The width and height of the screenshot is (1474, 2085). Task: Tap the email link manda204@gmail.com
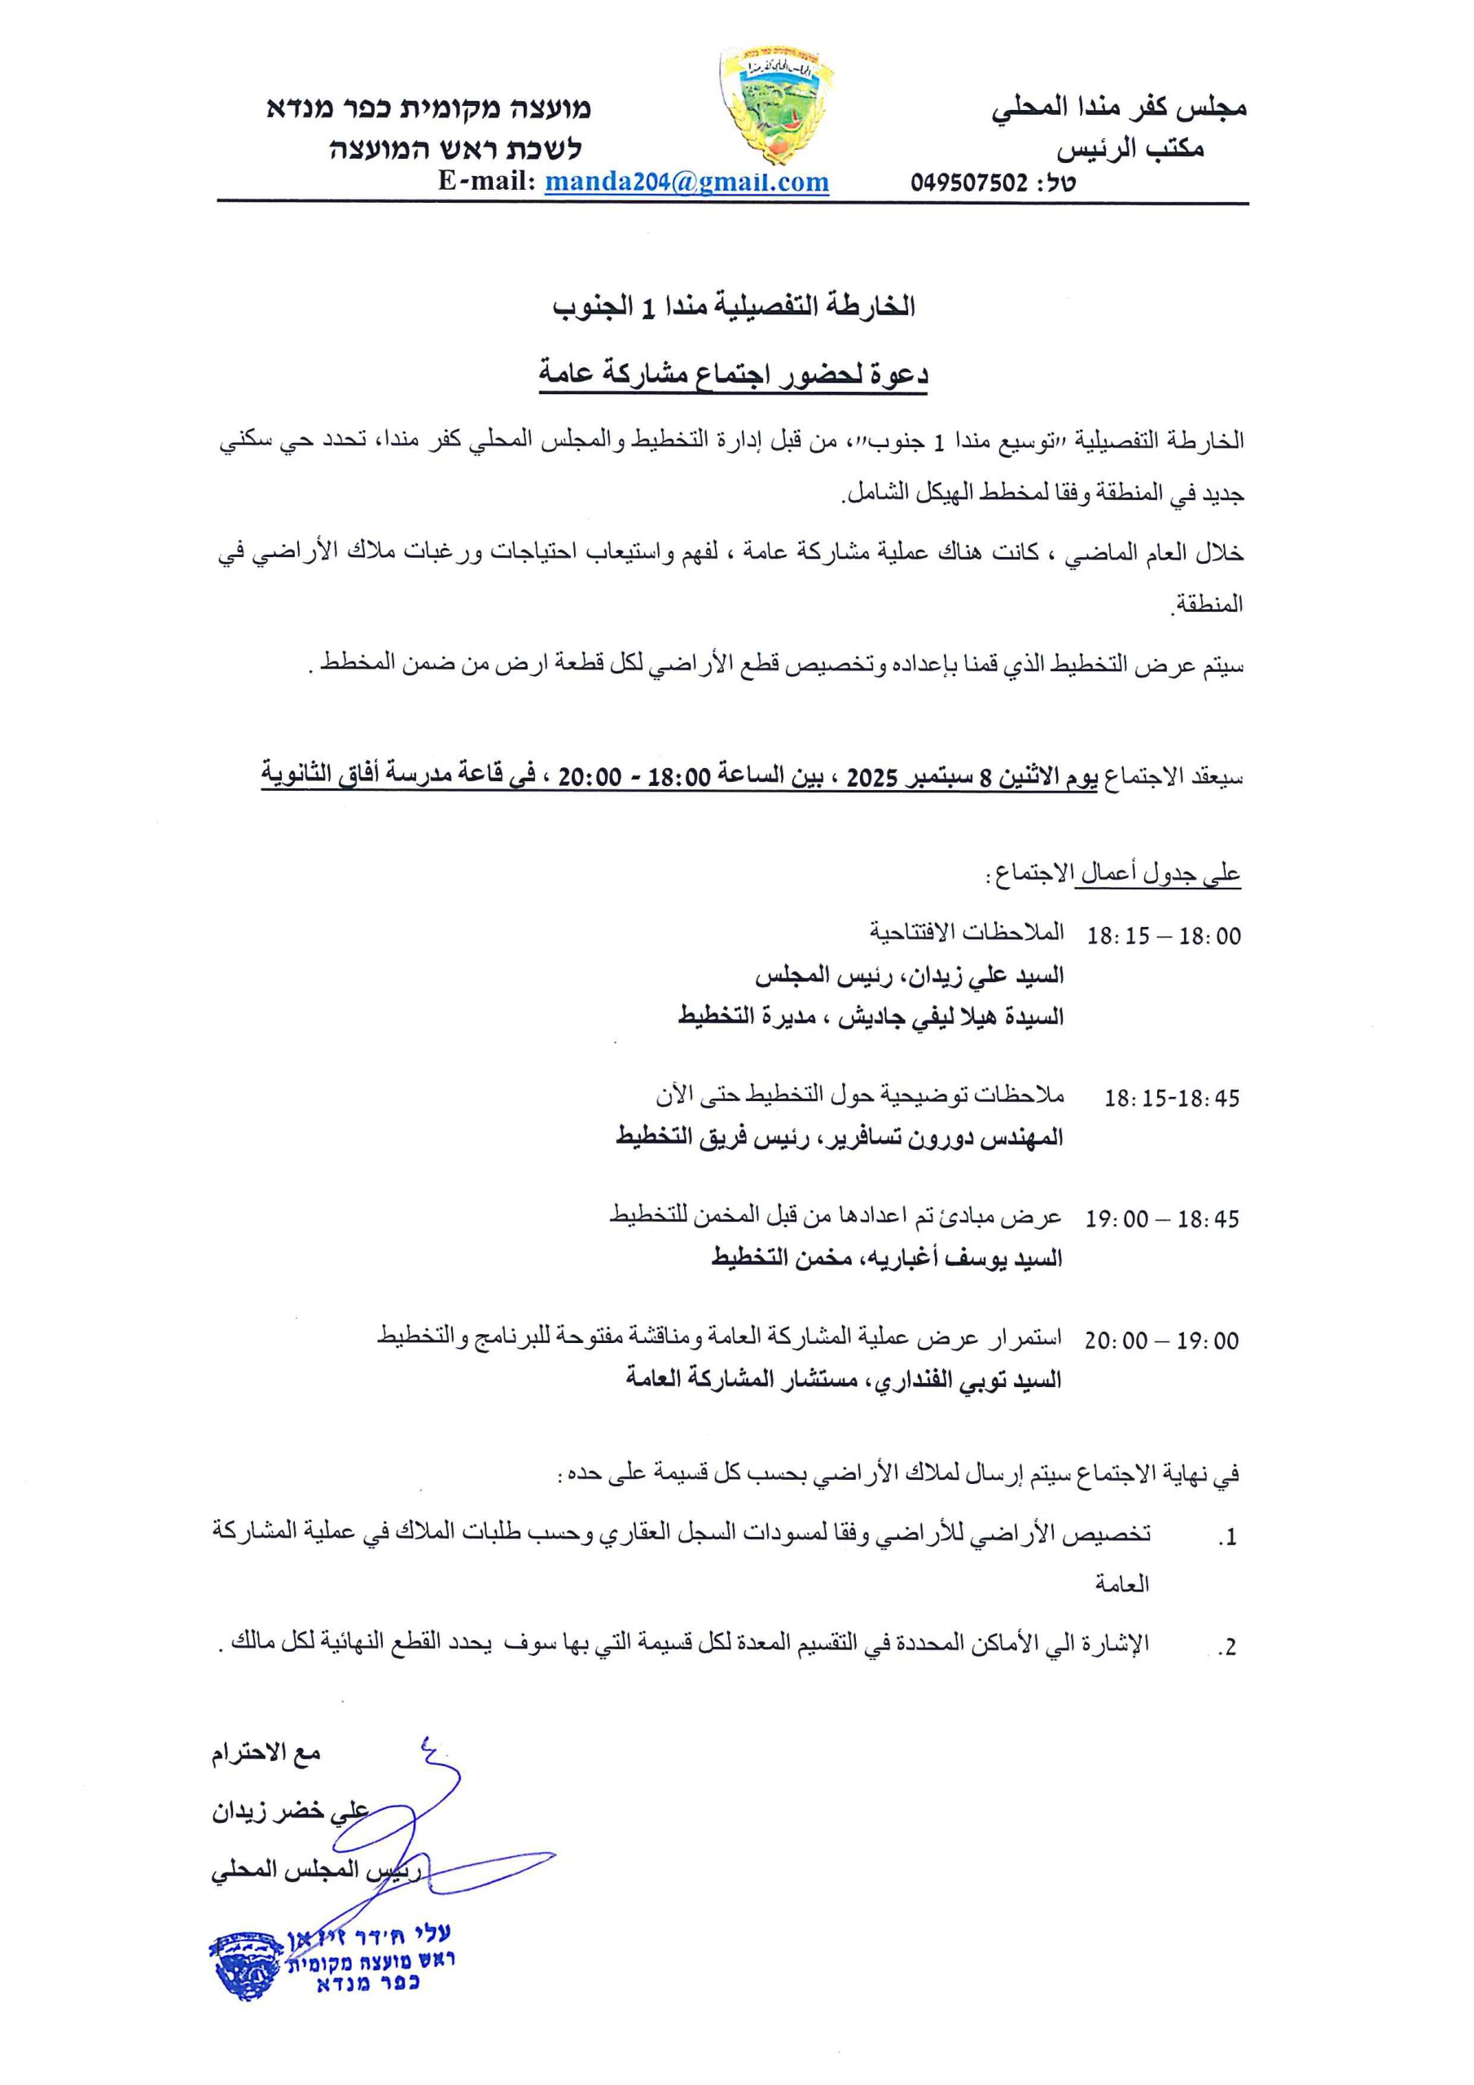tap(687, 182)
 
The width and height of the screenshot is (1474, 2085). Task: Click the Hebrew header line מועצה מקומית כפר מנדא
tap(428, 109)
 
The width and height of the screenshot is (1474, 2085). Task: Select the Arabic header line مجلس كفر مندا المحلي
tap(1119, 109)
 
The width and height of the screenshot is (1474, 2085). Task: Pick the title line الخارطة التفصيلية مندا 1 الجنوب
tap(734, 308)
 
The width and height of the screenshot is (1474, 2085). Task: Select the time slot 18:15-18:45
tap(1171, 1098)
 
